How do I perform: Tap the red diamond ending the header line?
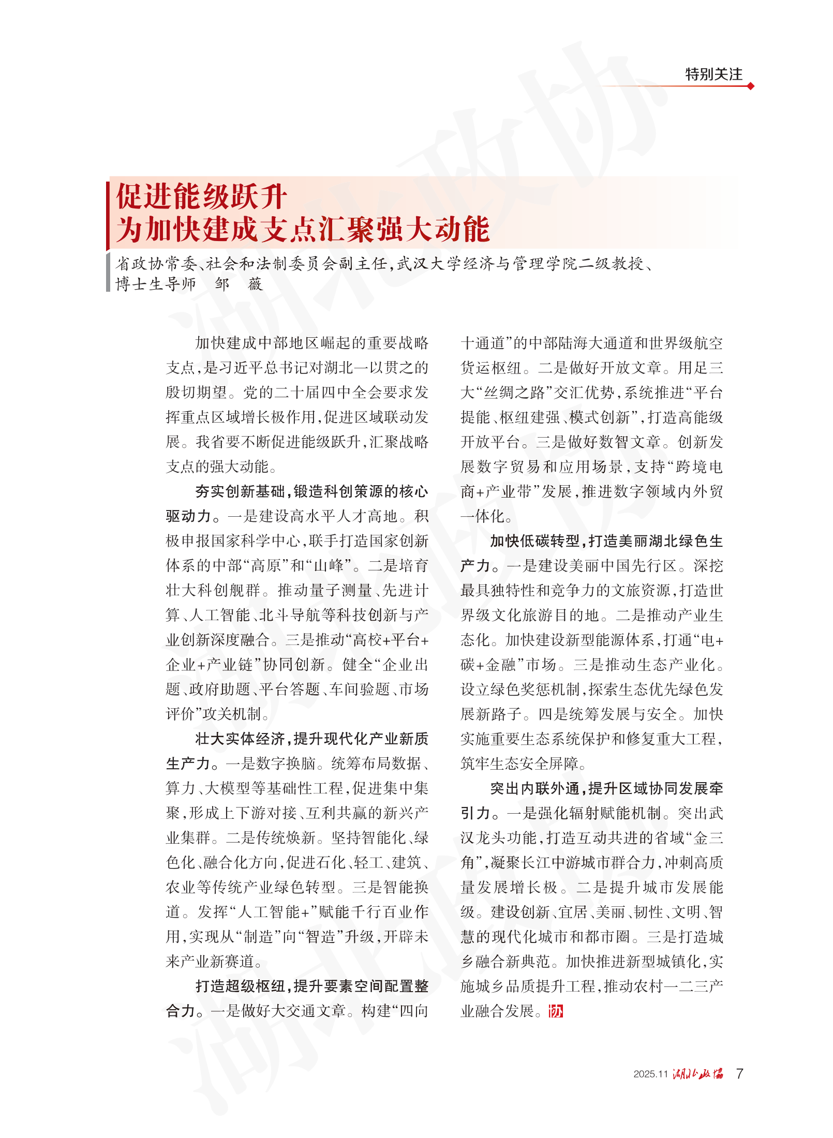(x=751, y=86)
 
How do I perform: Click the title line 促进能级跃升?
(x=201, y=197)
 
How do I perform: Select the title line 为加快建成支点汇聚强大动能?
(x=302, y=229)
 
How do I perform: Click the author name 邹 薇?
(x=239, y=284)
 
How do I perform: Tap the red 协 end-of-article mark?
(x=556, y=1011)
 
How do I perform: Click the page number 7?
(x=739, y=1074)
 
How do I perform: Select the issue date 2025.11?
(x=650, y=1074)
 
